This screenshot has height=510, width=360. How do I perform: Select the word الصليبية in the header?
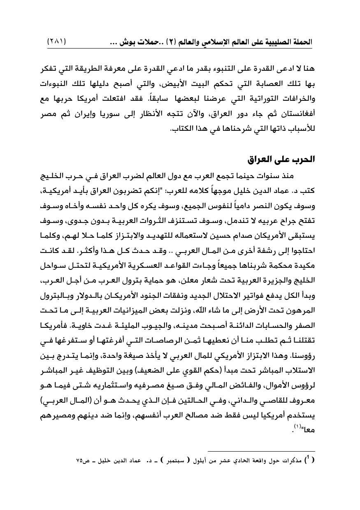point(280,42)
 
